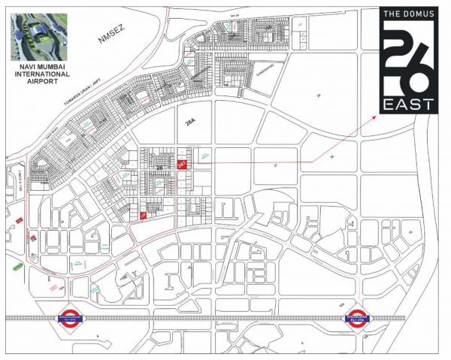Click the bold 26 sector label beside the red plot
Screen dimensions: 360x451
point(160,166)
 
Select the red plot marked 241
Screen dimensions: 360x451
point(181,165)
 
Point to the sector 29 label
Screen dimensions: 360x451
point(319,95)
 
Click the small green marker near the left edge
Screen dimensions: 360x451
point(17,219)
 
